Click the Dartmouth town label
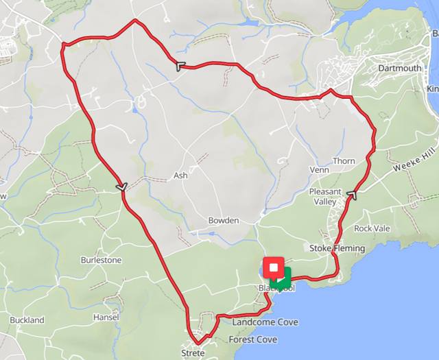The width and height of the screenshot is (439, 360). [400, 69]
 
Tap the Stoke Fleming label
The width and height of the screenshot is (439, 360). [331, 248]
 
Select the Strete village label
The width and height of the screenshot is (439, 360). [193, 352]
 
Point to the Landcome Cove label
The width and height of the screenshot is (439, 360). [265, 322]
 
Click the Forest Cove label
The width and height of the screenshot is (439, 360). [253, 339]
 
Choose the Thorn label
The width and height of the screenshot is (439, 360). [344, 161]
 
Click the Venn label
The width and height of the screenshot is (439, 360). [320, 169]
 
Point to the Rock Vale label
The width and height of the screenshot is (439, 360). [371, 228]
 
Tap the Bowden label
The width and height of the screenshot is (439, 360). [223, 221]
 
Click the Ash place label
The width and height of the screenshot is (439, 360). [180, 176]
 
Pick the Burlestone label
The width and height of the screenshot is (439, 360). [101, 261]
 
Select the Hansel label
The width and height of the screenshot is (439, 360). [106, 317]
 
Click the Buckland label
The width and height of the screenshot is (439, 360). [27, 320]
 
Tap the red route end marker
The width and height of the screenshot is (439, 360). [274, 267]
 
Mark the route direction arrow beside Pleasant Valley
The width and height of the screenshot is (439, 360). [353, 195]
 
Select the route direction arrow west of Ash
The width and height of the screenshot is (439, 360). [122, 187]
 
